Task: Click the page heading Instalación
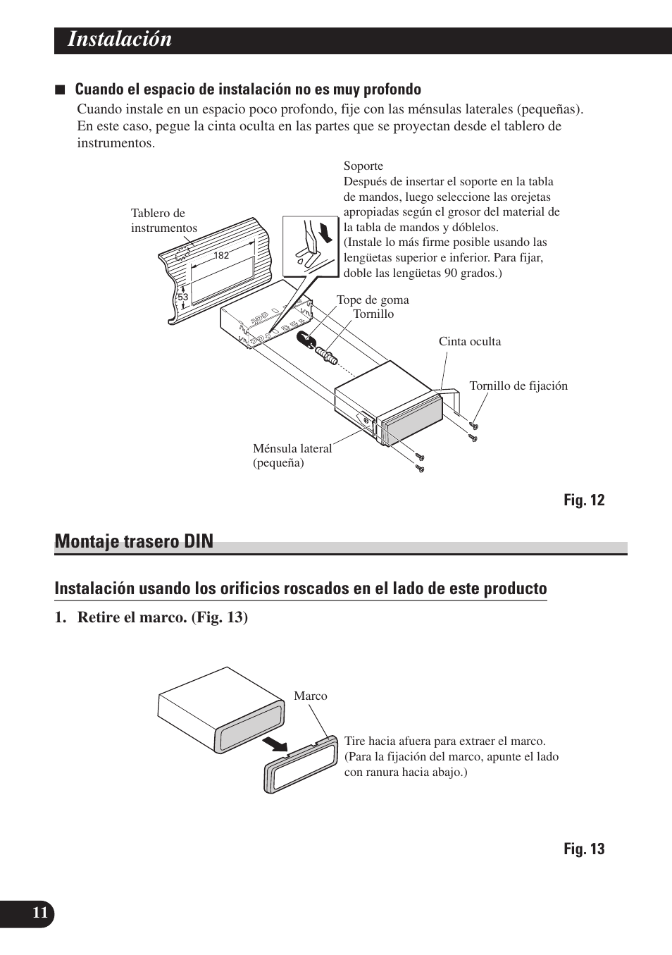point(120,39)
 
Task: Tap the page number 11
point(40,913)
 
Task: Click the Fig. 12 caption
point(583,500)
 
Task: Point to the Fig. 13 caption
point(583,849)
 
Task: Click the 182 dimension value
point(221,256)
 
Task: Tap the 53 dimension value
point(183,297)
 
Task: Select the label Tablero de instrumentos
point(163,221)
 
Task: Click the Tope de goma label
point(373,300)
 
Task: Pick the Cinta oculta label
point(470,342)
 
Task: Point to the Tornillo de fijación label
point(518,386)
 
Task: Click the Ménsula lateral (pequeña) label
point(292,455)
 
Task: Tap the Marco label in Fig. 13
point(311,696)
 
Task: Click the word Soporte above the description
point(363,166)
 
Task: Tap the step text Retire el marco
point(162,617)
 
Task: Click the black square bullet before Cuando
point(61,90)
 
